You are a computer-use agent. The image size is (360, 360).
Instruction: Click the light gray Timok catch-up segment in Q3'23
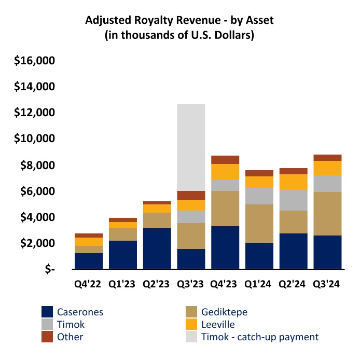tap(191, 147)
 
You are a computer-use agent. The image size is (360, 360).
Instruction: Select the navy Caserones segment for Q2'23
tap(157, 248)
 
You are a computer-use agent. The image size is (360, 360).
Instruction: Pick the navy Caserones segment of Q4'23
tap(225, 247)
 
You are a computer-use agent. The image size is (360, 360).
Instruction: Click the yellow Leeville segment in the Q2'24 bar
tap(293, 182)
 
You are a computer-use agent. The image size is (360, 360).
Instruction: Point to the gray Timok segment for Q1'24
tap(259, 196)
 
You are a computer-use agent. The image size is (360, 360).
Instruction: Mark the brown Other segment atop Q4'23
tap(225, 160)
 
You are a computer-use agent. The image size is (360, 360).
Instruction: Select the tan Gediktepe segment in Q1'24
tap(259, 224)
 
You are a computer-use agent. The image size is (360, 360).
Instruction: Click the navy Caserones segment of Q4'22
tap(88, 261)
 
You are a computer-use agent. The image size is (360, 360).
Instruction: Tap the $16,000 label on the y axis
tap(35, 61)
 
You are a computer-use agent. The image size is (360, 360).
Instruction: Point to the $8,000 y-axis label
tap(38, 165)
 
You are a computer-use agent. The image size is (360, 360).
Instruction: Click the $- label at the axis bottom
tap(49, 270)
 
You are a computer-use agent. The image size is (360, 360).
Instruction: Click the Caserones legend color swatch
tap(48, 312)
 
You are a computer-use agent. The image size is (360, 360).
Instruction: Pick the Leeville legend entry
tap(218, 324)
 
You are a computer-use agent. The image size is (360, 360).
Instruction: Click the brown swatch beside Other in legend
tap(48, 337)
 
